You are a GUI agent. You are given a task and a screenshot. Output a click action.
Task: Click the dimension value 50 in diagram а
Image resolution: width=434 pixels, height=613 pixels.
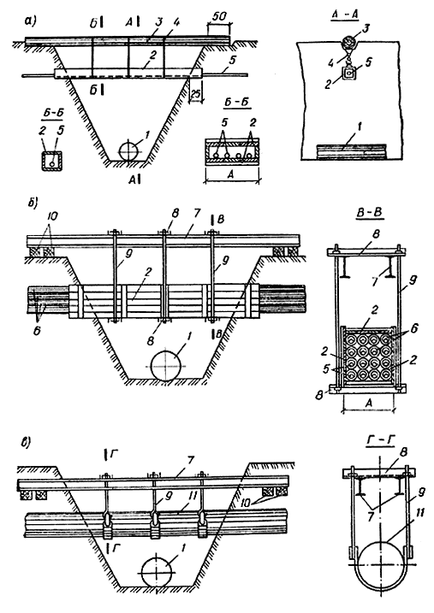tap(219, 17)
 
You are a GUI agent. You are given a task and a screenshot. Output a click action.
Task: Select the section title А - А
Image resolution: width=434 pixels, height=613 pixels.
tap(345, 15)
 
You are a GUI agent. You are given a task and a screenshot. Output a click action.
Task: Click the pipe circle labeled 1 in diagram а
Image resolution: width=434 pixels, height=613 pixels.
tap(129, 150)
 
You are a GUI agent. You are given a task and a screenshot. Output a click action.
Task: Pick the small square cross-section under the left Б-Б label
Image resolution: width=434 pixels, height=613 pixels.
tap(51, 160)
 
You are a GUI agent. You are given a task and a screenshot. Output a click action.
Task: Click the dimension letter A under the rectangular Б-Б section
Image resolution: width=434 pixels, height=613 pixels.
tap(231, 174)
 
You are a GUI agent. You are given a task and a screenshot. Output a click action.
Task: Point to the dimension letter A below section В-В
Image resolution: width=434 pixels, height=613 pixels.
tap(368, 404)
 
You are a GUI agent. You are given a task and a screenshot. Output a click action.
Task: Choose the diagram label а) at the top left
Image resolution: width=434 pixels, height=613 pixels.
tap(30, 21)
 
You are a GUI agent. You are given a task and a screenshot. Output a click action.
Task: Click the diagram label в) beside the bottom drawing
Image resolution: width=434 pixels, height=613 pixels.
tap(28, 442)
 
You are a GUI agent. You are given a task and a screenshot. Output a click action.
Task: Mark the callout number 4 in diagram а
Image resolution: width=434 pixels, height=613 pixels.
tap(176, 23)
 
